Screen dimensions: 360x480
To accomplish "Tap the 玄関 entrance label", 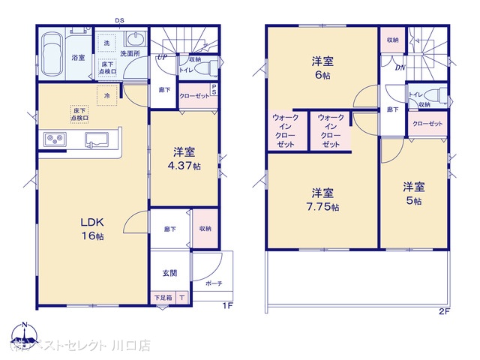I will tap(169, 274).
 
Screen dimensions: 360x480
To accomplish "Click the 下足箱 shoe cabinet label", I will tap(163, 298).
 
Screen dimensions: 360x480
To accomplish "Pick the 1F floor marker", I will tap(226, 306).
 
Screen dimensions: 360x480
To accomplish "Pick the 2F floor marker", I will tap(445, 310).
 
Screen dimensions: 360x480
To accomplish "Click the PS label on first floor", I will tap(214, 90).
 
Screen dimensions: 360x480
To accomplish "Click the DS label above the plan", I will tap(120, 19).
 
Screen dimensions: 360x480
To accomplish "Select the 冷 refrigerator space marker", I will tap(107, 96).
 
